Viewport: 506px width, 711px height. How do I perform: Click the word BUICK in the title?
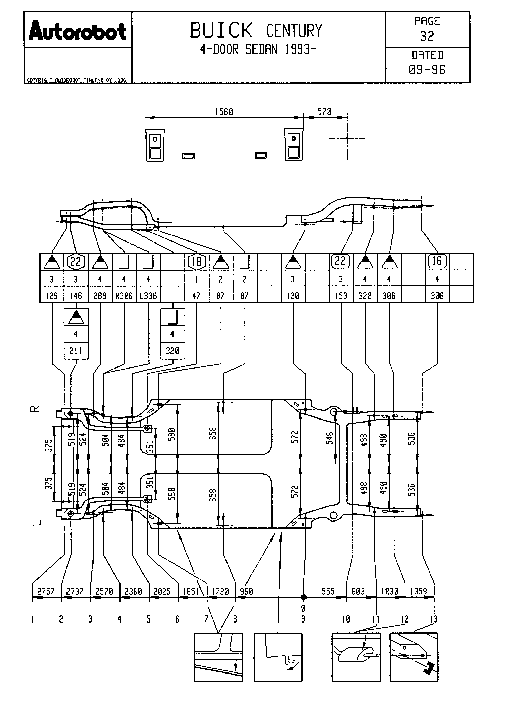pyautogui.click(x=221, y=30)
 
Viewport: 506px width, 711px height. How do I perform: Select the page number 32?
pyautogui.click(x=427, y=36)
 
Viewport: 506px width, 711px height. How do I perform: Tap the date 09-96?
pyautogui.click(x=427, y=70)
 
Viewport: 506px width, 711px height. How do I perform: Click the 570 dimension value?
pyautogui.click(x=325, y=112)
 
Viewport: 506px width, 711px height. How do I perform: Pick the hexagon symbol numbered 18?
pyautogui.click(x=196, y=262)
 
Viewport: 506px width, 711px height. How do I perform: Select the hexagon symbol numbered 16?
pyautogui.click(x=437, y=261)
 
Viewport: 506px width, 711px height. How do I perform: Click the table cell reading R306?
pyautogui.click(x=124, y=296)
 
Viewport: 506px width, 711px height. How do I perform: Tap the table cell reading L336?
pyautogui.click(x=148, y=296)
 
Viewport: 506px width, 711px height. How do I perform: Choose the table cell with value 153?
pyautogui.click(x=341, y=296)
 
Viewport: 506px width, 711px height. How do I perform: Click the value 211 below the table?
pyautogui.click(x=76, y=351)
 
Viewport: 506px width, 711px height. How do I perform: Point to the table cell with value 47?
pyautogui.click(x=196, y=296)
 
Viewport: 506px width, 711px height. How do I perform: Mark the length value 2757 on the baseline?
pyautogui.click(x=46, y=591)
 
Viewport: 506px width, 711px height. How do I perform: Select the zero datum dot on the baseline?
pyautogui.click(x=303, y=597)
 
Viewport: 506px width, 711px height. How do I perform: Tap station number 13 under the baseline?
pyautogui.click(x=434, y=619)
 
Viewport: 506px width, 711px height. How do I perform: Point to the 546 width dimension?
pyautogui.click(x=330, y=438)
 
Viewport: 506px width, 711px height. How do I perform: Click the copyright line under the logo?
pyautogui.click(x=76, y=80)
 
